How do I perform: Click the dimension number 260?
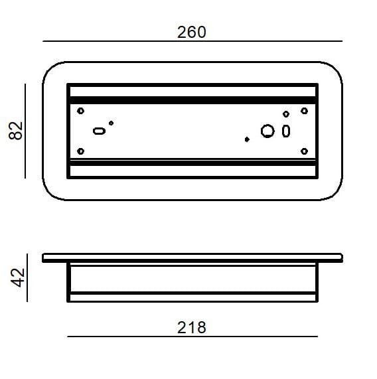point(192,32)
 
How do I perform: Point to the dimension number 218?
point(192,327)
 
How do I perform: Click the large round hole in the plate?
point(267,131)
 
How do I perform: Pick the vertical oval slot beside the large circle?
point(286,131)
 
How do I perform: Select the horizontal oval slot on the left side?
point(99,131)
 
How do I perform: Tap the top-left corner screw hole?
point(81,111)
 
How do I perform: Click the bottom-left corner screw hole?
point(81,151)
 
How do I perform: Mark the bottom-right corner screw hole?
point(304,151)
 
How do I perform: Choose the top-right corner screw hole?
point(304,111)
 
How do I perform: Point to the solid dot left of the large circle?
point(247,139)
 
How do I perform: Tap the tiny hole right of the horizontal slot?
point(112,123)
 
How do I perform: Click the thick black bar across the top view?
point(192,99)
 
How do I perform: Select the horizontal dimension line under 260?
point(192,42)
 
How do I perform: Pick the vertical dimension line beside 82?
point(26,130)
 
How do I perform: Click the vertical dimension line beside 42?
point(27,277)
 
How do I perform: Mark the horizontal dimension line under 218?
point(192,337)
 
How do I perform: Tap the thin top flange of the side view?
point(192,258)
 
